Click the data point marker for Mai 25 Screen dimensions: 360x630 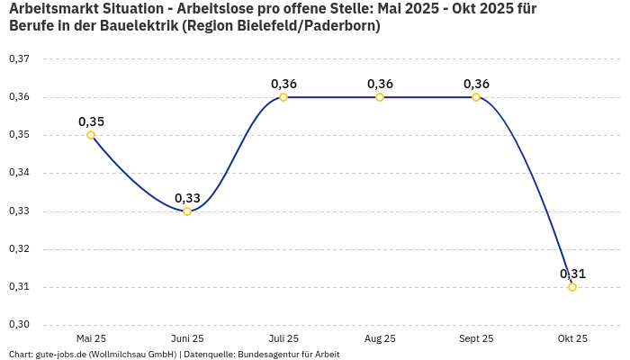click(91, 135)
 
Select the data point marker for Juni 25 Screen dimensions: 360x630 click(187, 211)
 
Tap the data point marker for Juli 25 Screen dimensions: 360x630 click(283, 97)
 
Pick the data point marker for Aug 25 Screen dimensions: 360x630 click(380, 97)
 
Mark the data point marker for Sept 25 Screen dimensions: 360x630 click(476, 97)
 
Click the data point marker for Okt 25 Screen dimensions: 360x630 click(572, 287)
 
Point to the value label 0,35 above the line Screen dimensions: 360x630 click(91, 121)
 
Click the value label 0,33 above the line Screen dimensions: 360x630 click(187, 198)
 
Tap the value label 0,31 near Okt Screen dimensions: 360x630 click(572, 274)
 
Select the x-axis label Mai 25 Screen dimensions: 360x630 click(91, 338)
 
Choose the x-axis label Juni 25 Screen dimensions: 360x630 click(187, 338)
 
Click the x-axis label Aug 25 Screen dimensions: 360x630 click(380, 338)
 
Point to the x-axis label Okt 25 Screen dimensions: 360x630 click(572, 338)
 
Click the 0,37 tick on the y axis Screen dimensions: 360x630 click(19, 59)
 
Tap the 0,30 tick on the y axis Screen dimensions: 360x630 click(19, 325)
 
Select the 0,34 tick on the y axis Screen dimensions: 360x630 click(19, 173)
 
